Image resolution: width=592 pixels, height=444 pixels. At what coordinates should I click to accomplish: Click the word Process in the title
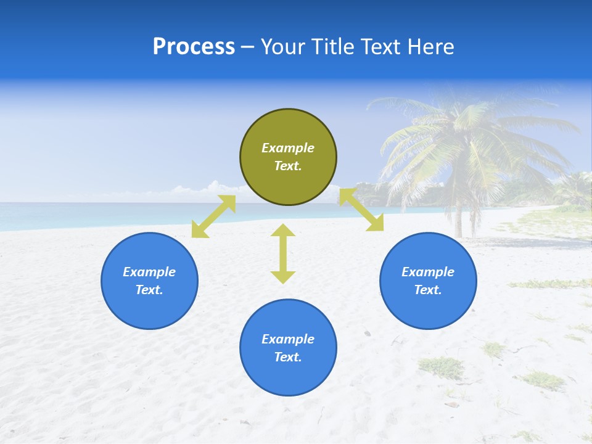pyautogui.click(x=194, y=47)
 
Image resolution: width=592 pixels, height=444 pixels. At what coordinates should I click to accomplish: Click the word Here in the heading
pyautogui.click(x=432, y=47)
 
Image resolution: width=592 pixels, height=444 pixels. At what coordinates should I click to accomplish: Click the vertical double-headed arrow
pyautogui.click(x=283, y=254)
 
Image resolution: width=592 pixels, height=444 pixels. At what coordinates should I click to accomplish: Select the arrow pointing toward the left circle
pyautogui.click(x=213, y=216)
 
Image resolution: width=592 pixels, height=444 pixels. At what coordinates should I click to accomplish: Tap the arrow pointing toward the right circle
pyautogui.click(x=361, y=210)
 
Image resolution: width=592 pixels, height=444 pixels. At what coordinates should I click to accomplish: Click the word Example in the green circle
pyautogui.click(x=288, y=148)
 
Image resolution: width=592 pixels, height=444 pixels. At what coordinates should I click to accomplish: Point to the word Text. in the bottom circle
pyautogui.click(x=288, y=357)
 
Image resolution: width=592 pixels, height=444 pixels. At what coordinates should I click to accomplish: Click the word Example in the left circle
pyautogui.click(x=149, y=272)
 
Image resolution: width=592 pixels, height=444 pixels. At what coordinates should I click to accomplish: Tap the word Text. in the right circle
pyautogui.click(x=428, y=290)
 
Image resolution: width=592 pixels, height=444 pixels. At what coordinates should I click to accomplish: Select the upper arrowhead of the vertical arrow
pyautogui.click(x=283, y=231)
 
